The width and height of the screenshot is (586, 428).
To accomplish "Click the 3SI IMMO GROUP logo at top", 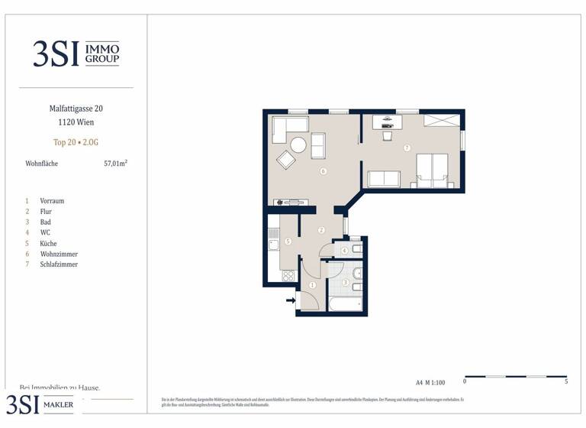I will (76, 53).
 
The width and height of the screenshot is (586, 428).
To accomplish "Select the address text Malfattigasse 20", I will (76, 109).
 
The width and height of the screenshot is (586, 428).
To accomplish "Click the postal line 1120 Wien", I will (76, 122).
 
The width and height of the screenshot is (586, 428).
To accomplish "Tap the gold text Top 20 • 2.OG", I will (76, 142).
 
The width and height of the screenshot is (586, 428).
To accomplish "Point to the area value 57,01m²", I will (115, 163).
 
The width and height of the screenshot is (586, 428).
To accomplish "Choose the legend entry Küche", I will (48, 243).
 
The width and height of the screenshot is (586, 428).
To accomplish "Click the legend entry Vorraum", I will (52, 200).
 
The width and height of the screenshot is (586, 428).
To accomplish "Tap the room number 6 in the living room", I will (324, 171).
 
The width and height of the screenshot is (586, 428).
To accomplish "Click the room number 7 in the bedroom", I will (407, 148).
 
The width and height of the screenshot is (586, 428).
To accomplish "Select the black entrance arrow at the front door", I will (291, 300).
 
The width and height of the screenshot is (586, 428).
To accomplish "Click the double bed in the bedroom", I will (431, 170).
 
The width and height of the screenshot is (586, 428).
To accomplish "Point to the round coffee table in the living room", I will (298, 144).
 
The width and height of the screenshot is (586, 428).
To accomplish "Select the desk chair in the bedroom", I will (387, 135).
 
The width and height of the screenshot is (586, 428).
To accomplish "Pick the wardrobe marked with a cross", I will (442, 120).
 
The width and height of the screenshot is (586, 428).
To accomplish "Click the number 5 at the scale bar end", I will (566, 381).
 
